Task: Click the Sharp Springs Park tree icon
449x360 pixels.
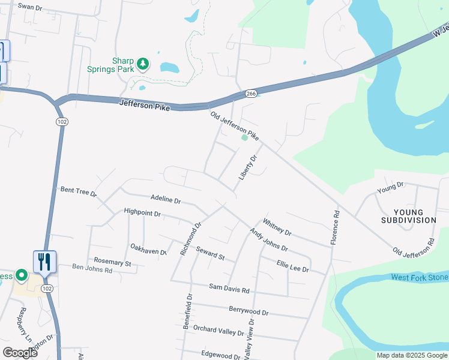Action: pos(142,62)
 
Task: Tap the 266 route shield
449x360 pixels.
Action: pos(251,94)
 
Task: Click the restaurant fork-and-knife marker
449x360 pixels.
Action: pos(44,262)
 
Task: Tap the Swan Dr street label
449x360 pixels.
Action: pos(30,7)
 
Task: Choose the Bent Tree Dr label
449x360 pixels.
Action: pos(79,191)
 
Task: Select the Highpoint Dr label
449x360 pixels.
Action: pos(142,212)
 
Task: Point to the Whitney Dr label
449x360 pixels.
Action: pos(277,227)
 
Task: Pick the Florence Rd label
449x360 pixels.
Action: pos(336,227)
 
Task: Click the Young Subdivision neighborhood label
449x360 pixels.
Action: pos(408,216)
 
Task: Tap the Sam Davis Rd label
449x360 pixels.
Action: pos(229,289)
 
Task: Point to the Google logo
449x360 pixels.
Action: pos(20,352)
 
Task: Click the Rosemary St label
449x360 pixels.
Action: pos(112,262)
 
